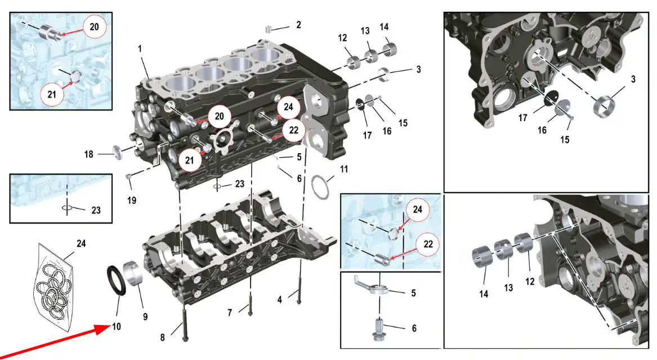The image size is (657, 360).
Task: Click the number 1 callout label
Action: [x=140, y=50]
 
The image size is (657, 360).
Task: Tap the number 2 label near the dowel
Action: [x=298, y=25]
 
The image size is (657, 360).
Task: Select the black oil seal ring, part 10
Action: [x=117, y=279]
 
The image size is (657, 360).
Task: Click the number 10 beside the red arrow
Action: [x=117, y=326]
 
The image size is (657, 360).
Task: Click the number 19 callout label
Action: [x=131, y=199]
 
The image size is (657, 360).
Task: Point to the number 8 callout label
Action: [x=162, y=337]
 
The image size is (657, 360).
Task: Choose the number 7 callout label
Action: [x=230, y=312]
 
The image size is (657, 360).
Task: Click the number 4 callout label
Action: [x=280, y=300]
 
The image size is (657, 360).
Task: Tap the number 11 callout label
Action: [x=345, y=168]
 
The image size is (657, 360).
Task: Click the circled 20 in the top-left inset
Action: [x=93, y=26]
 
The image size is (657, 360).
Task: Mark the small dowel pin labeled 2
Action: [x=269, y=29]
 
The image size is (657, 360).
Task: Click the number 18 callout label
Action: [x=89, y=154]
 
